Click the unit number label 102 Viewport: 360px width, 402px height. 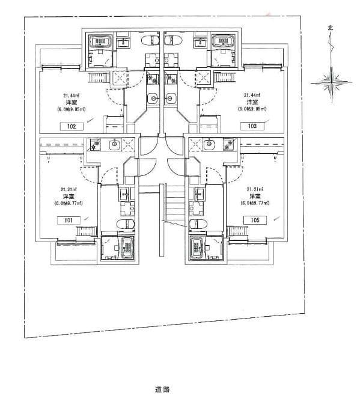[x=72, y=126]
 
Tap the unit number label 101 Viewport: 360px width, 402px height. [x=69, y=221]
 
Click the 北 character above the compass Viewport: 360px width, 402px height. [x=330, y=27]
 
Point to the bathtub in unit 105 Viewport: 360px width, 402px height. [x=197, y=247]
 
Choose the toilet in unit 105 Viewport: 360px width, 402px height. [x=194, y=224]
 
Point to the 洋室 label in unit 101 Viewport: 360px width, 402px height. [x=68, y=196]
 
